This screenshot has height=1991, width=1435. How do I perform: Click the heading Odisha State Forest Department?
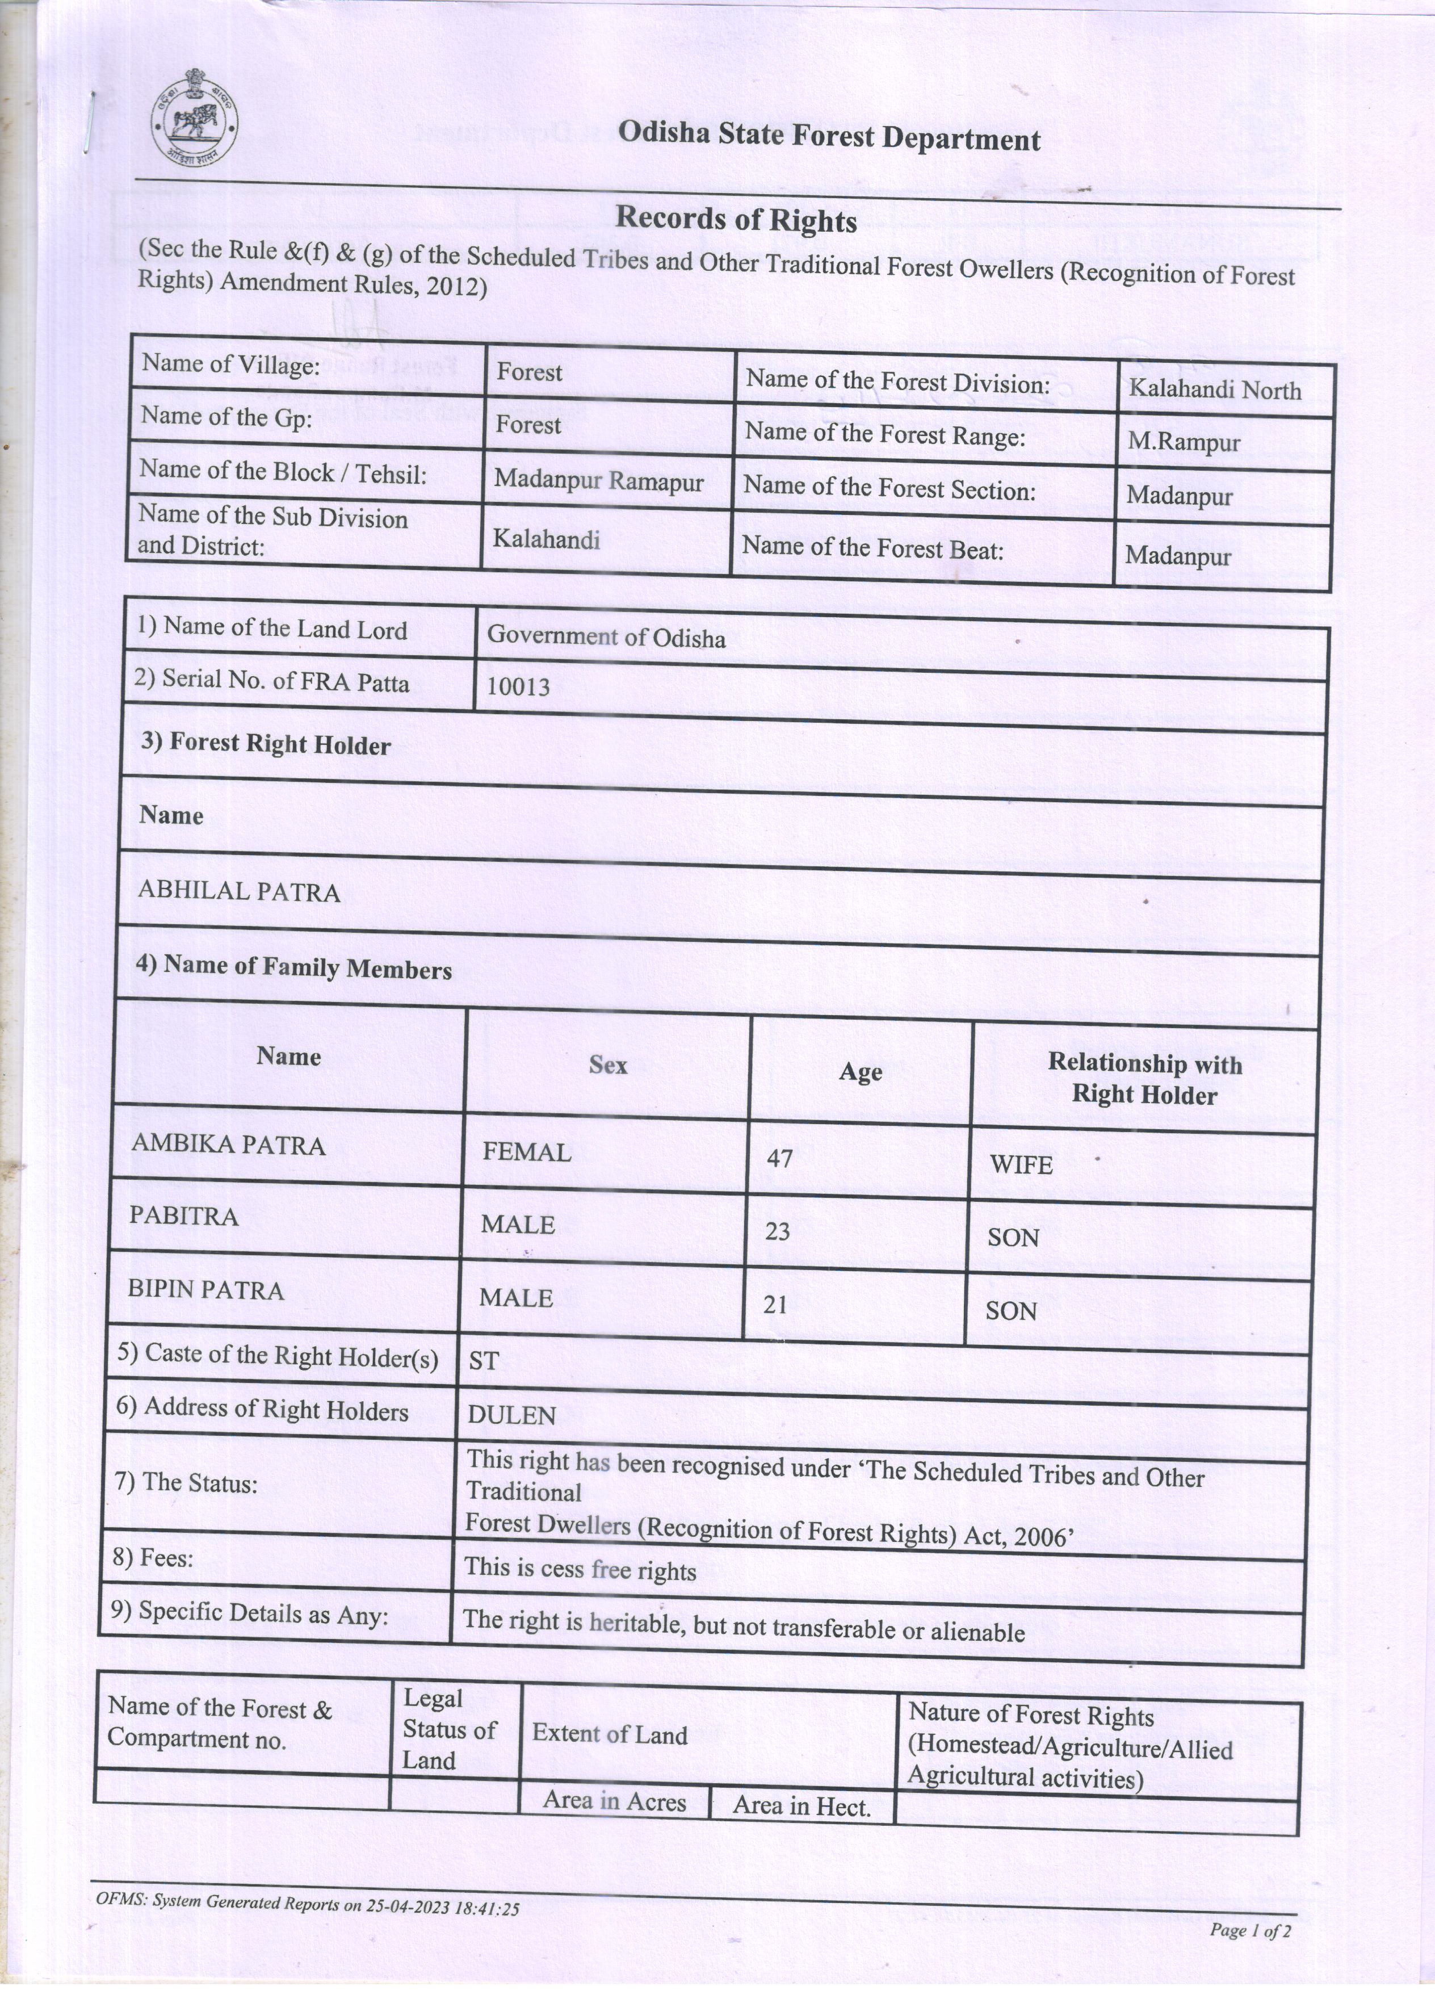829,137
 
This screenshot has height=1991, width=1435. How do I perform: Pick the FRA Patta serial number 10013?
518,686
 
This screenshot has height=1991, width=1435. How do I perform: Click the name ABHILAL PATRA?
239,892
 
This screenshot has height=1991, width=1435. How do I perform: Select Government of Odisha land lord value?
606,636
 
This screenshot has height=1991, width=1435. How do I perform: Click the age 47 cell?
779,1159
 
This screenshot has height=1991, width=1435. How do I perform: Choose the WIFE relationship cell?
1021,1165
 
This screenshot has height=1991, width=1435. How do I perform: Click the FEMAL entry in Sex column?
527,1152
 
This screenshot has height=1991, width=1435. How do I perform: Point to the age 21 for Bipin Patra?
775,1305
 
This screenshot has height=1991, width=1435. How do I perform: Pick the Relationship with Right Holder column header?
1144,1079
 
